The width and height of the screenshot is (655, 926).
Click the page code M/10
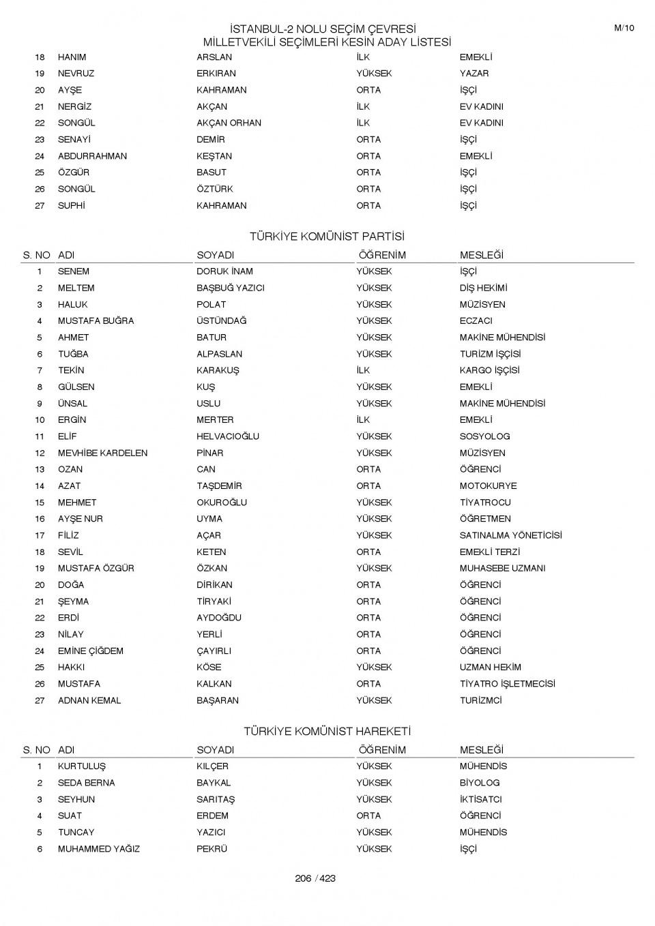point(624,28)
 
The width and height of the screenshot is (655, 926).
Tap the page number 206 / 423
point(315,878)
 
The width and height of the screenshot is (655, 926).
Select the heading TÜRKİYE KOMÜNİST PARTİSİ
point(327,237)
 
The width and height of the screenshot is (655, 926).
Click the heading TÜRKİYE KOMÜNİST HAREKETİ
point(327,731)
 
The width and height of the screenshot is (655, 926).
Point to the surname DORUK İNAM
point(224,271)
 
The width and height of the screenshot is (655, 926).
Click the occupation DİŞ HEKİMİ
point(483,288)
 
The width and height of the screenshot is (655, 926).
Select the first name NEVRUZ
point(76,74)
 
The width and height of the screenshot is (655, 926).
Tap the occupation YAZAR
point(474,74)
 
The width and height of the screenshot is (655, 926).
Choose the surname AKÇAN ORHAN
point(229,123)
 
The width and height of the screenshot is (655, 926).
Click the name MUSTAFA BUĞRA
point(96,320)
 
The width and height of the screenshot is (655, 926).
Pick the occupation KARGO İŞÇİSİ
point(489,370)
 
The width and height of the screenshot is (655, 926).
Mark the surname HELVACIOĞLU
point(228,436)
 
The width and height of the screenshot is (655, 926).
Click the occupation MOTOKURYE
point(488,486)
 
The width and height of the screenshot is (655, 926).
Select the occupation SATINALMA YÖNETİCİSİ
point(510,535)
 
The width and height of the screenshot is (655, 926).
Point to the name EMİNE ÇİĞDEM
point(91,651)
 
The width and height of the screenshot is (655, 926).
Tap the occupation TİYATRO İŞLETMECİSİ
point(507,683)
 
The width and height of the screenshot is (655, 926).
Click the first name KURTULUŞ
point(82,766)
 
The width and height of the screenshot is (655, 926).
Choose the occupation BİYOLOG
point(479,783)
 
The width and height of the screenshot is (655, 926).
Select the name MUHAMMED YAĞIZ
point(98,849)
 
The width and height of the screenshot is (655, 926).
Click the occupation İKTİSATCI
point(480,799)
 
